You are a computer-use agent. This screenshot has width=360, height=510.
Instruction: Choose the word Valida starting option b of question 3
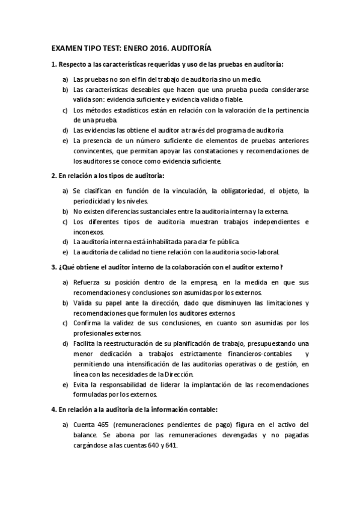tap(84, 303)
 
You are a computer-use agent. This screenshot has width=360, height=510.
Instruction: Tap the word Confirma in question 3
tap(88, 323)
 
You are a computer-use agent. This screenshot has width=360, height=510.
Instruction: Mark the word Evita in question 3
tap(81, 384)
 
